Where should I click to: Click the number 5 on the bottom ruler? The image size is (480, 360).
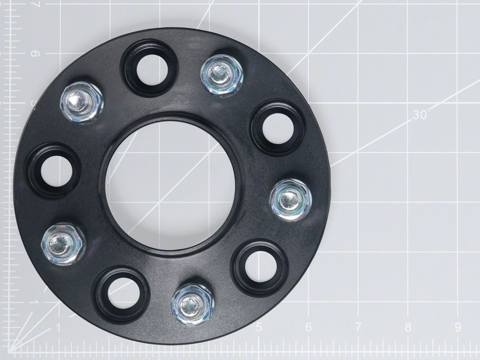(259, 327)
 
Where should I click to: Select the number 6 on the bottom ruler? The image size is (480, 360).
(309, 327)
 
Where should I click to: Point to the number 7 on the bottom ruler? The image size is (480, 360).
(358, 327)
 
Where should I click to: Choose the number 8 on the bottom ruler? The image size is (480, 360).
(408, 327)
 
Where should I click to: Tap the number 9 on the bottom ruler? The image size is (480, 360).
(458, 327)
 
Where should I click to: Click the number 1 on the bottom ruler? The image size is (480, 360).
(58, 327)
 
